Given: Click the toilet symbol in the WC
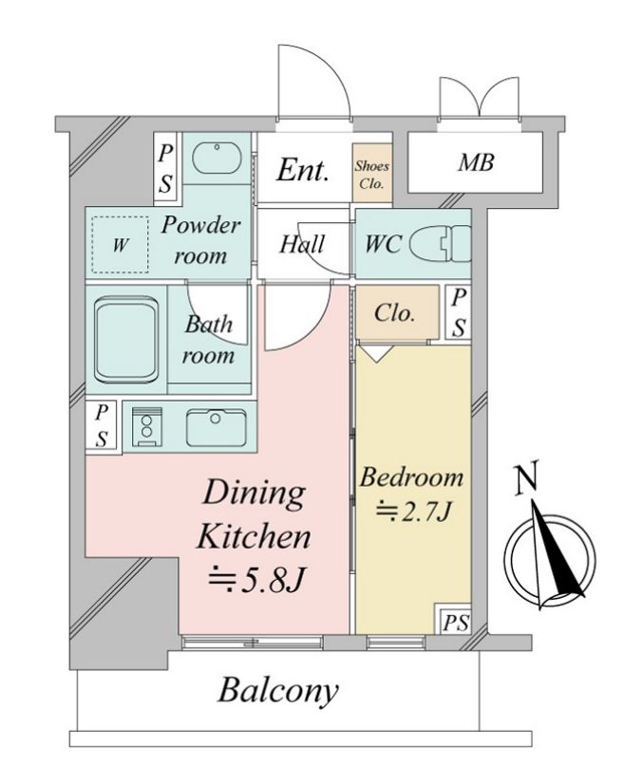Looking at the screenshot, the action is point(441,242).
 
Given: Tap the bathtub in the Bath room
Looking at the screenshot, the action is point(127,340).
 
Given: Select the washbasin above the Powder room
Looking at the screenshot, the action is point(217,159).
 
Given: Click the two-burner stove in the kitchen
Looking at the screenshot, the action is point(146,426).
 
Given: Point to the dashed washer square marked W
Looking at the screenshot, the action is point(120,245).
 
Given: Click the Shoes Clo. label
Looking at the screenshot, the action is point(372,175).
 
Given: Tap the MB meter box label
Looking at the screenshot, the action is point(476,162).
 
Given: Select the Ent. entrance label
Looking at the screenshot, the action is point(303,170).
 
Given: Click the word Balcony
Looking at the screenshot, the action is point(278,692).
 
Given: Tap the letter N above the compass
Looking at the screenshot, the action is point(527,476).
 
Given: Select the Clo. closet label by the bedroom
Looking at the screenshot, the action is point(394,312).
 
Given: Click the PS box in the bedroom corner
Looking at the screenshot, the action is point(453,620).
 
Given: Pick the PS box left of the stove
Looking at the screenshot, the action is point(101,425).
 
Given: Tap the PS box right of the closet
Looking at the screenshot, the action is point(459,312).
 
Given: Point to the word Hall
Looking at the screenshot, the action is point(302,244).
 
